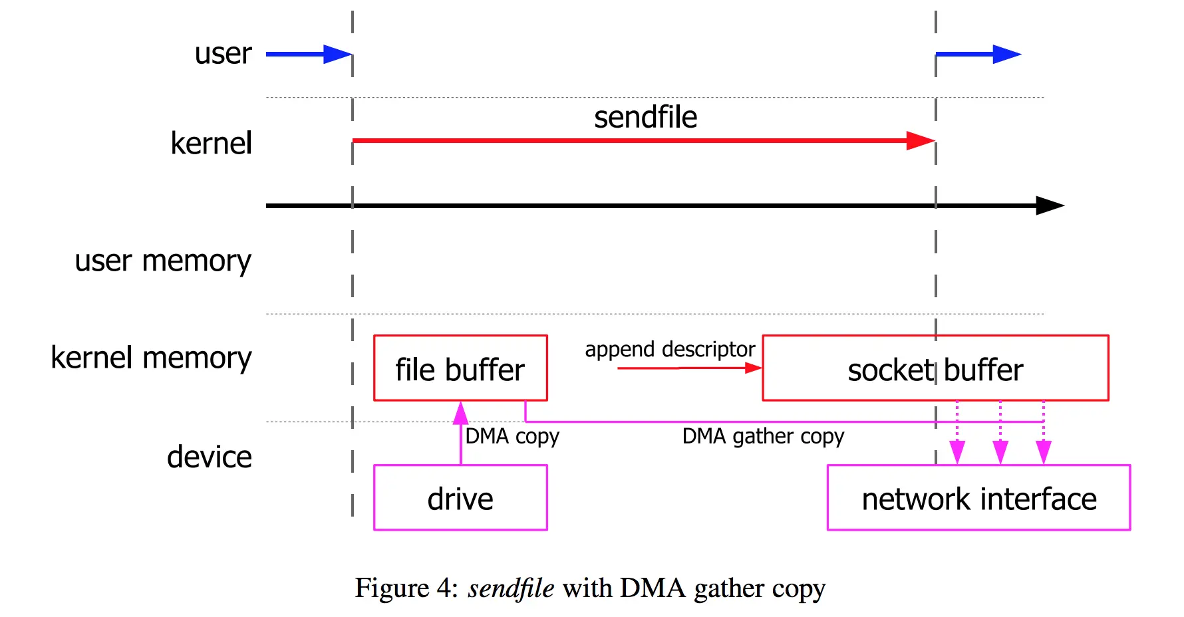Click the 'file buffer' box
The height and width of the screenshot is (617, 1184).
(460, 368)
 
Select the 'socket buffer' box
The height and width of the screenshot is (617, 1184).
(935, 368)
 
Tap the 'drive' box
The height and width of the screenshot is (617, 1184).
(460, 498)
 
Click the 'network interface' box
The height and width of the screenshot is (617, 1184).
(978, 498)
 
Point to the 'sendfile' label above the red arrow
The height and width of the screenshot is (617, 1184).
(645, 117)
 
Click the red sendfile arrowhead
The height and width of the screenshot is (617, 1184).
(921, 140)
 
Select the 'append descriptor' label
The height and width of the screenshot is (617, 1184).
(670, 349)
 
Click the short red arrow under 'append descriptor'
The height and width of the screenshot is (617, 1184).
(688, 368)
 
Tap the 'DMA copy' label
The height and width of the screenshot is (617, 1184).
(512, 436)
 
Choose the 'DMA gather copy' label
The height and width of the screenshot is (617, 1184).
(763, 436)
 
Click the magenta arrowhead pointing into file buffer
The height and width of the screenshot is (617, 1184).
(460, 413)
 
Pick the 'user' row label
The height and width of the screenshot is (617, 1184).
(223, 53)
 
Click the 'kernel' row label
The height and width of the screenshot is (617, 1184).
(211, 143)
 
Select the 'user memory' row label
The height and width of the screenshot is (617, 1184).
(163, 261)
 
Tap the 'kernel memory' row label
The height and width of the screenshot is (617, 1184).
(151, 358)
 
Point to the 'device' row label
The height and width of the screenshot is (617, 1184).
(209, 457)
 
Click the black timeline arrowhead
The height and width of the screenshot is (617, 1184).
(1050, 205)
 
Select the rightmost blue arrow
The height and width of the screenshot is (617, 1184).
(978, 55)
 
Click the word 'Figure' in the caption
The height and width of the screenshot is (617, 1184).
(392, 588)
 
